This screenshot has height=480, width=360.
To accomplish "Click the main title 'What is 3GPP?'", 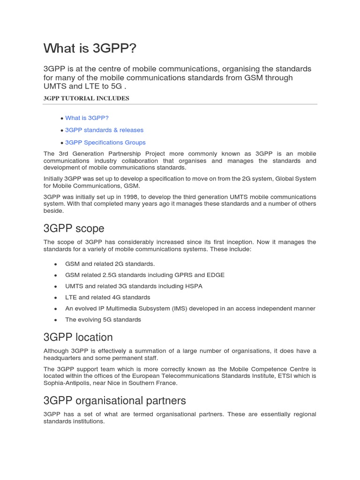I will point(91,48).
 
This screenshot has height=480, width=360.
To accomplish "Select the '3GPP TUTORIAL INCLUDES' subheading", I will point(86,98).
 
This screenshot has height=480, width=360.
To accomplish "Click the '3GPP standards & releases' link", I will point(104,130).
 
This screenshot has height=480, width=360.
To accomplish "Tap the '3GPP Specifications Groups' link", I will point(105,142).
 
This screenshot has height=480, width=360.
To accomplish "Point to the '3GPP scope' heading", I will point(74,229).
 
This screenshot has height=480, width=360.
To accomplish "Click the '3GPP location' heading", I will point(78,337).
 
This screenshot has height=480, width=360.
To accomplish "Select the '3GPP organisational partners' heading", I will point(114,401).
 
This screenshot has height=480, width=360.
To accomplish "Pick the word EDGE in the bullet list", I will point(216,275).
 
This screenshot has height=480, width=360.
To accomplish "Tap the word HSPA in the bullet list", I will point(193,286).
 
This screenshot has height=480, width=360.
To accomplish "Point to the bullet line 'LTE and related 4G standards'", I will point(108,298).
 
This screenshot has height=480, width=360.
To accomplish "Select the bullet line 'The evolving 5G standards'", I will point(103,320).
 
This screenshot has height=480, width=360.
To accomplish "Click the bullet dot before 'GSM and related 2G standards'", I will point(56,264).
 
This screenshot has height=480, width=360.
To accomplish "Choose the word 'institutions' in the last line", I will point(88,421).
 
